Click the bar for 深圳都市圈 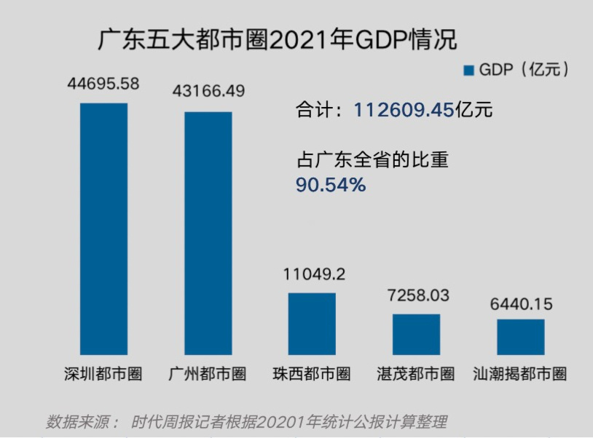tap(103, 228)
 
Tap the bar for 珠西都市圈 tap(312, 324)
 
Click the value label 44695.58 tap(103, 84)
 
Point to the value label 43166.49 tap(208, 92)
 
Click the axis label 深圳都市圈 tap(103, 374)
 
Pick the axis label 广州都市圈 tap(208, 374)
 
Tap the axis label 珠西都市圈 tap(312, 374)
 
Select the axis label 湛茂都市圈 tap(416, 374)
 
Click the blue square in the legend tap(468, 70)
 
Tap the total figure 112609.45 tap(404, 110)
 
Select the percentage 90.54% tap(330, 186)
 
